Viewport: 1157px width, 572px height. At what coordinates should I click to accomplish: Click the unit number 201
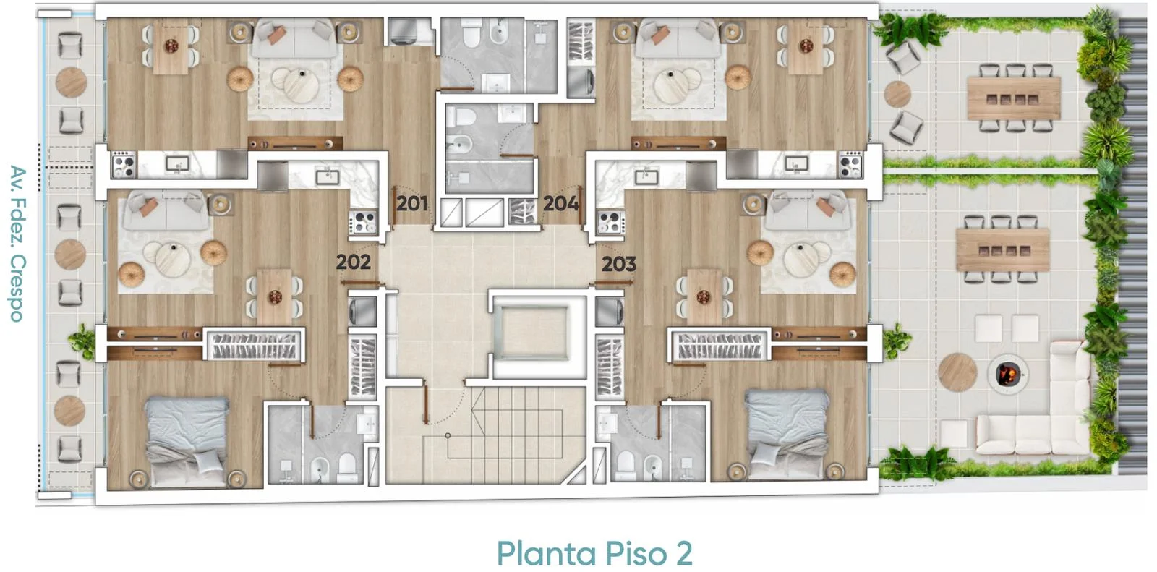click(411, 204)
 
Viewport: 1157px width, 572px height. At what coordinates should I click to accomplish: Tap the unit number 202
click(354, 262)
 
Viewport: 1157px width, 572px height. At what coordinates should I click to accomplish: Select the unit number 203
click(619, 265)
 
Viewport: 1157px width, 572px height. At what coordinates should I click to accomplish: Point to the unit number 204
click(560, 204)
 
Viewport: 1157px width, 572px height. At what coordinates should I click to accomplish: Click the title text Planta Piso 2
click(594, 553)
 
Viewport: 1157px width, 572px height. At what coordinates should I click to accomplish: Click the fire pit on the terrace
click(1007, 374)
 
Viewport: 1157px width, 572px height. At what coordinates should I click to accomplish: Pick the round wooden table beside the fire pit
click(957, 372)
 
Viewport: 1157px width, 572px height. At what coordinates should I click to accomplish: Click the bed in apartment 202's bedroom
click(187, 441)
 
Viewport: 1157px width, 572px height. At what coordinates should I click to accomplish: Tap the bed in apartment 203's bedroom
click(786, 434)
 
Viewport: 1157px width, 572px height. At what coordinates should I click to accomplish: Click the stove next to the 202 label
click(364, 222)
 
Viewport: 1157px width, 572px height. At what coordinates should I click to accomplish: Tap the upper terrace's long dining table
click(1014, 98)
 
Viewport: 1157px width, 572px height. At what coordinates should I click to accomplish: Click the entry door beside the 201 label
click(393, 205)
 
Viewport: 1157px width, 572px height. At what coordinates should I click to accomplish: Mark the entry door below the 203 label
click(614, 283)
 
